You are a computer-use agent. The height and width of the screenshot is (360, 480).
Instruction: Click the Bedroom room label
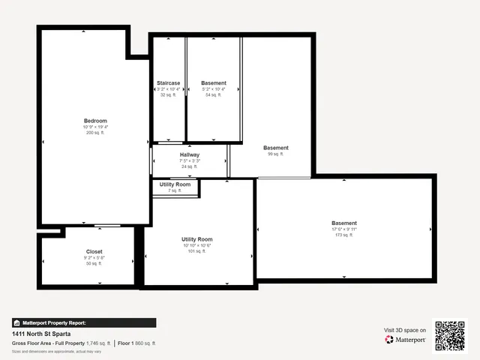coord(95,121)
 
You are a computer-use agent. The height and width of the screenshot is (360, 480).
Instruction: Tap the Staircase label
coord(168,83)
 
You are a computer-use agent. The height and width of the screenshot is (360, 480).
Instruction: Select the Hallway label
coord(190,155)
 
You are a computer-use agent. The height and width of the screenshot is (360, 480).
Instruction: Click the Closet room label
coord(94,252)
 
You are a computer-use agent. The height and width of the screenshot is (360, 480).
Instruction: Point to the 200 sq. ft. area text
coord(95,133)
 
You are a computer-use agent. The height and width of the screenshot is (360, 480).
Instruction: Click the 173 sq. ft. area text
coord(344,235)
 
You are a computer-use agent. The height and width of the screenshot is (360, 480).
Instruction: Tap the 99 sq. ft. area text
coord(275,154)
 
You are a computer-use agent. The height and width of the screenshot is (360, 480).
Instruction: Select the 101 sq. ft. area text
coord(197,251)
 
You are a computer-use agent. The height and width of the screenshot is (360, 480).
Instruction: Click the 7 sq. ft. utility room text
coord(175,190)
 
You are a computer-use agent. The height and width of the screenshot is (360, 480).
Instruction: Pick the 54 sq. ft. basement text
coord(214,95)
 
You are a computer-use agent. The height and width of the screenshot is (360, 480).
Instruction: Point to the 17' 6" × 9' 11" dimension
coord(344,229)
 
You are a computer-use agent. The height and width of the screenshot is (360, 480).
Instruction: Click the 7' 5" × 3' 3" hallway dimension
coord(190,161)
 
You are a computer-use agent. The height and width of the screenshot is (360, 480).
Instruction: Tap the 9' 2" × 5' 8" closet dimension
coord(94,258)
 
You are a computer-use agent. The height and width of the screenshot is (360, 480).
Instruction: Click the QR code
coord(450,335)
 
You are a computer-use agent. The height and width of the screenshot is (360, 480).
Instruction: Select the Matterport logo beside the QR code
coord(406,340)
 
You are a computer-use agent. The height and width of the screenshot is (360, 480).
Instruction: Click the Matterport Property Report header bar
coord(83,322)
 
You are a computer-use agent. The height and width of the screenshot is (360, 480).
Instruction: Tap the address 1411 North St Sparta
coord(42,334)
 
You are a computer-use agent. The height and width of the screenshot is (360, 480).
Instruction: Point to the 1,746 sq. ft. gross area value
coord(98,343)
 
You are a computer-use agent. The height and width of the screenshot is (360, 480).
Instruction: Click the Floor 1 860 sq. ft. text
coord(136,343)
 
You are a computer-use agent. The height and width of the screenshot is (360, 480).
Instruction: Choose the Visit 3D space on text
coord(405,330)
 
